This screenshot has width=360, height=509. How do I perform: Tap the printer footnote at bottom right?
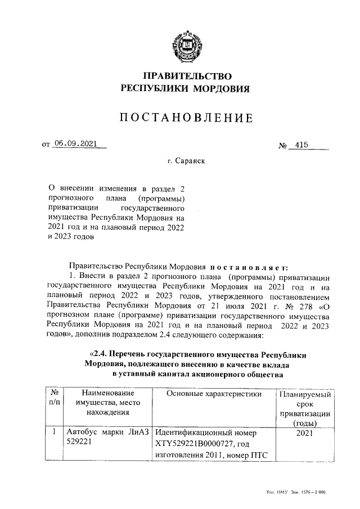coord(298,492)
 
